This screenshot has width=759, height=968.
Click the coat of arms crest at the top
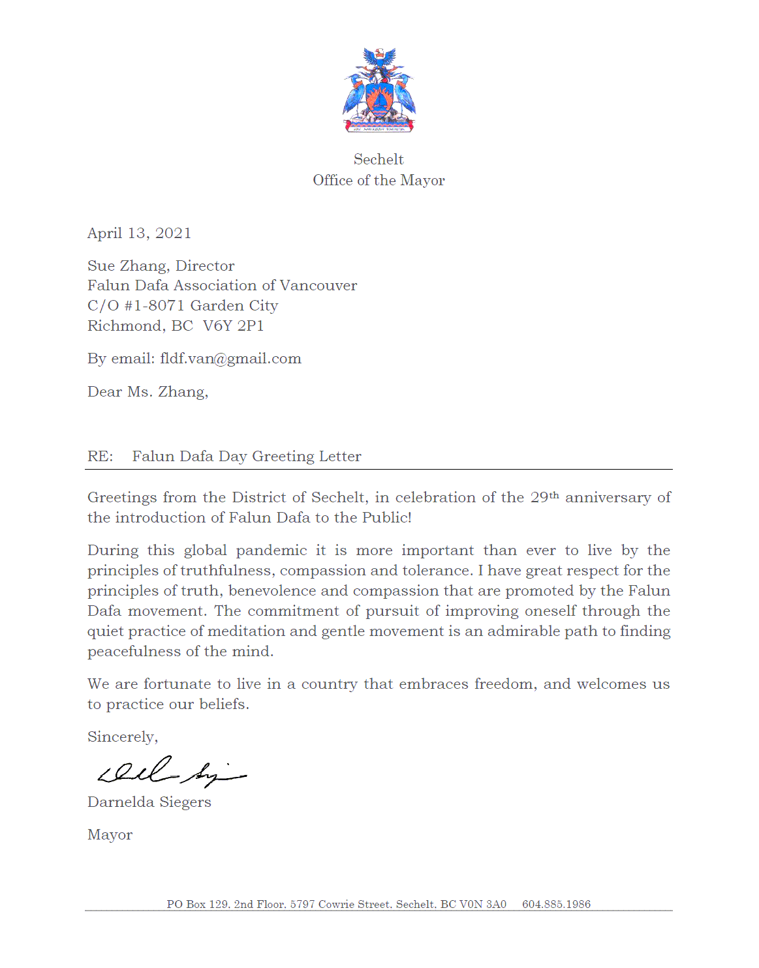379,90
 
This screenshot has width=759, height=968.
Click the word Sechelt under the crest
379,160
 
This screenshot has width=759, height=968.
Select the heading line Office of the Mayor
379,181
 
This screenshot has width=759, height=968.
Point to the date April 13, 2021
139,234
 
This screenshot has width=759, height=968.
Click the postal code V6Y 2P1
233,326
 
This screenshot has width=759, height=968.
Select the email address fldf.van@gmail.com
230,359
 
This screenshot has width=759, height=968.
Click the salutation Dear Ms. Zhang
147,392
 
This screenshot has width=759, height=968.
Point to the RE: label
100,457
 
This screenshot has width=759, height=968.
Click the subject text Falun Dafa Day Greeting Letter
247,457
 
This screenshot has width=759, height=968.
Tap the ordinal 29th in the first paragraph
544,497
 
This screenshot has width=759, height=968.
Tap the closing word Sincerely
123,737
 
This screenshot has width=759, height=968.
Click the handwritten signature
171,772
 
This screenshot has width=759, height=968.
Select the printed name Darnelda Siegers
149,802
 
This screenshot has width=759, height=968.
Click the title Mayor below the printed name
110,835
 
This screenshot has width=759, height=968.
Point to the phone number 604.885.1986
556,904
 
